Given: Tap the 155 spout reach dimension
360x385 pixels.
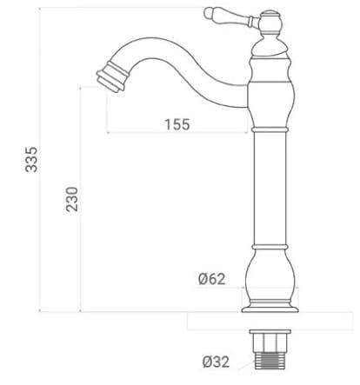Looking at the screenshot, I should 177,123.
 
